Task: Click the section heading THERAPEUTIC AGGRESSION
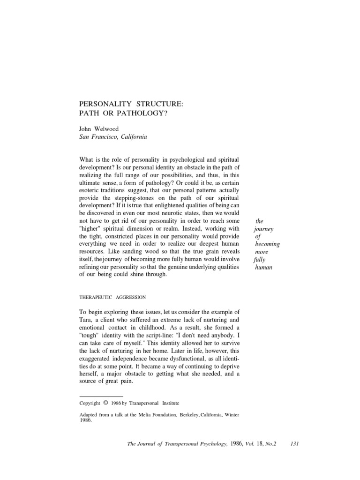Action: (x=112, y=297)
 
